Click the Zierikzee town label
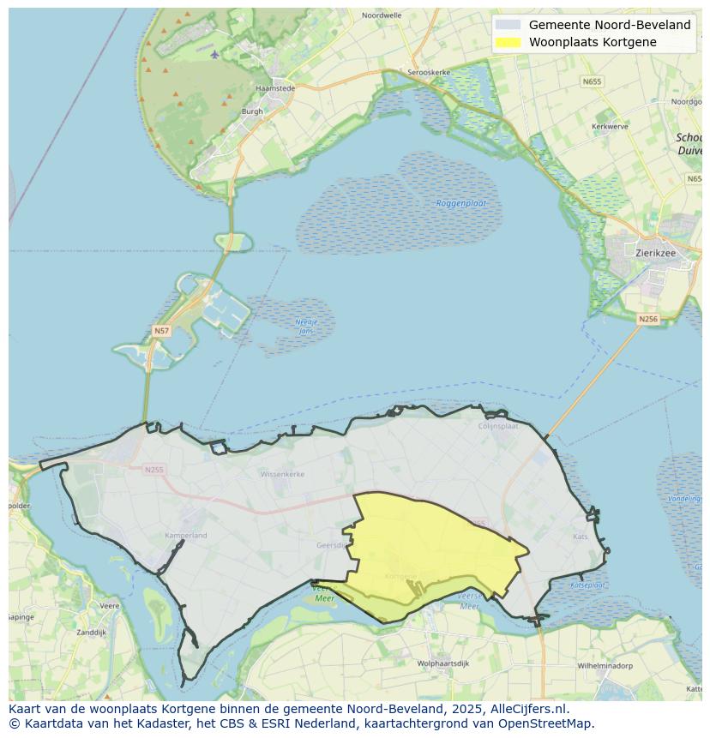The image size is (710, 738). click(657, 253)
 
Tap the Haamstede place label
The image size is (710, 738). click(275, 88)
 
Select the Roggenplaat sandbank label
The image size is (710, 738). click(461, 203)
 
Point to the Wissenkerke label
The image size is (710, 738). click(282, 473)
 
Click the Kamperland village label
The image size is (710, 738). click(185, 536)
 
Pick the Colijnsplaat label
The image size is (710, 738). click(498, 425)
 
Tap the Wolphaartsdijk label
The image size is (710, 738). click(441, 663)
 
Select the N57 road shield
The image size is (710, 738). click(161, 330)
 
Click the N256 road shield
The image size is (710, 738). click(648, 319)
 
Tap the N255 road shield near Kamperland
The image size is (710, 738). click(153, 469)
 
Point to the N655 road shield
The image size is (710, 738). click(591, 81)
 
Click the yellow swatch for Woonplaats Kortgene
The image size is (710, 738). click(508, 42)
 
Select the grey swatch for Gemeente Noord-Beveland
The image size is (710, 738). click(508, 25)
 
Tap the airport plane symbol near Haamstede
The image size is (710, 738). click(214, 55)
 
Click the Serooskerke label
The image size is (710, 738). click(429, 73)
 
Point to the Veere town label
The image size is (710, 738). click(109, 605)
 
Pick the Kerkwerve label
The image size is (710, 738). click(610, 126)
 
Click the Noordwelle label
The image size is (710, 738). click(382, 15)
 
